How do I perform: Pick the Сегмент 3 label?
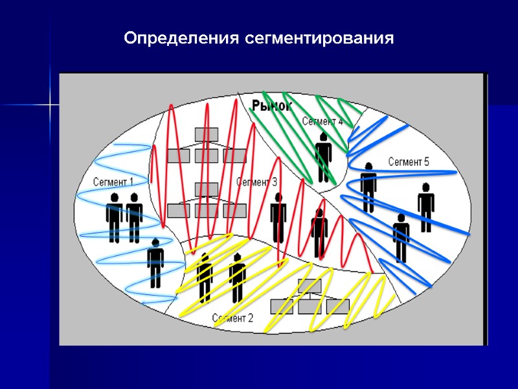(x=257, y=182)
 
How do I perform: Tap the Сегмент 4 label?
(x=322, y=121)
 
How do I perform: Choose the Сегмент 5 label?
(x=409, y=162)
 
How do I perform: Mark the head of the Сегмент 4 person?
(x=323, y=137)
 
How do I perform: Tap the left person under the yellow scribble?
(x=205, y=277)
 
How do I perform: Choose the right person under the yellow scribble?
(x=237, y=277)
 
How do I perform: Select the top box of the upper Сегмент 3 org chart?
(x=207, y=134)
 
